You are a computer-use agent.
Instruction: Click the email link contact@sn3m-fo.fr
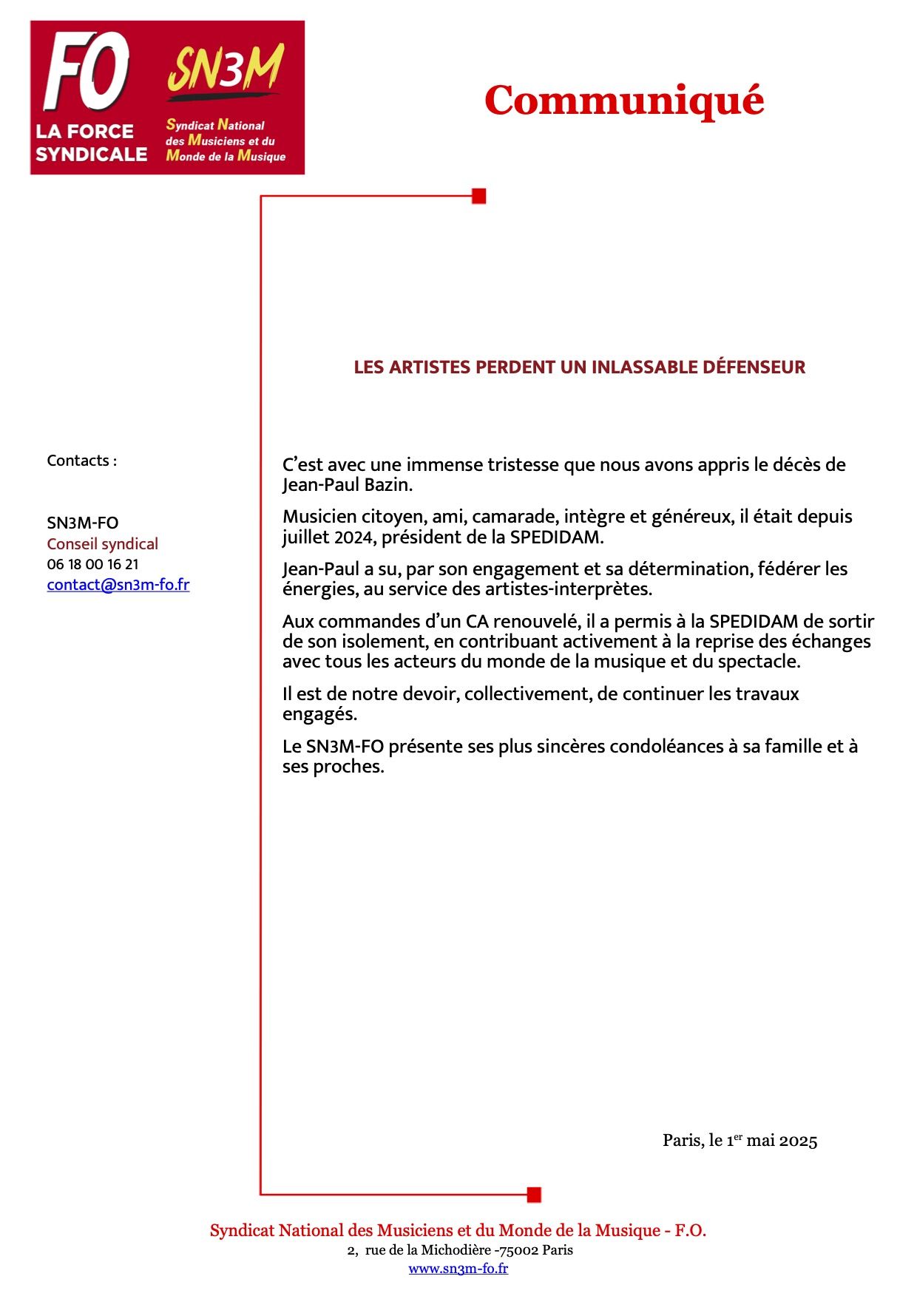pyautogui.click(x=118, y=585)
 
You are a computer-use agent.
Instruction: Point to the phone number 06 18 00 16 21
pyautogui.click(x=92, y=564)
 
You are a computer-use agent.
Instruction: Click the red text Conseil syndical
pyautogui.click(x=102, y=544)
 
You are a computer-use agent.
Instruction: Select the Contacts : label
pyautogui.click(x=81, y=461)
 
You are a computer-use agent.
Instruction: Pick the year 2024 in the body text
pyautogui.click(x=352, y=537)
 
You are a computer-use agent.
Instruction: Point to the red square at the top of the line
pyautogui.click(x=479, y=196)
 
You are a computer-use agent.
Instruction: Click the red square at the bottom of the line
pyautogui.click(x=534, y=1194)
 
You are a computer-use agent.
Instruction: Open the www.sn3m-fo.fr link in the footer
pyautogui.click(x=458, y=1269)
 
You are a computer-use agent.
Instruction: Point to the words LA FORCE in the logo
pyautogui.click(x=84, y=132)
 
